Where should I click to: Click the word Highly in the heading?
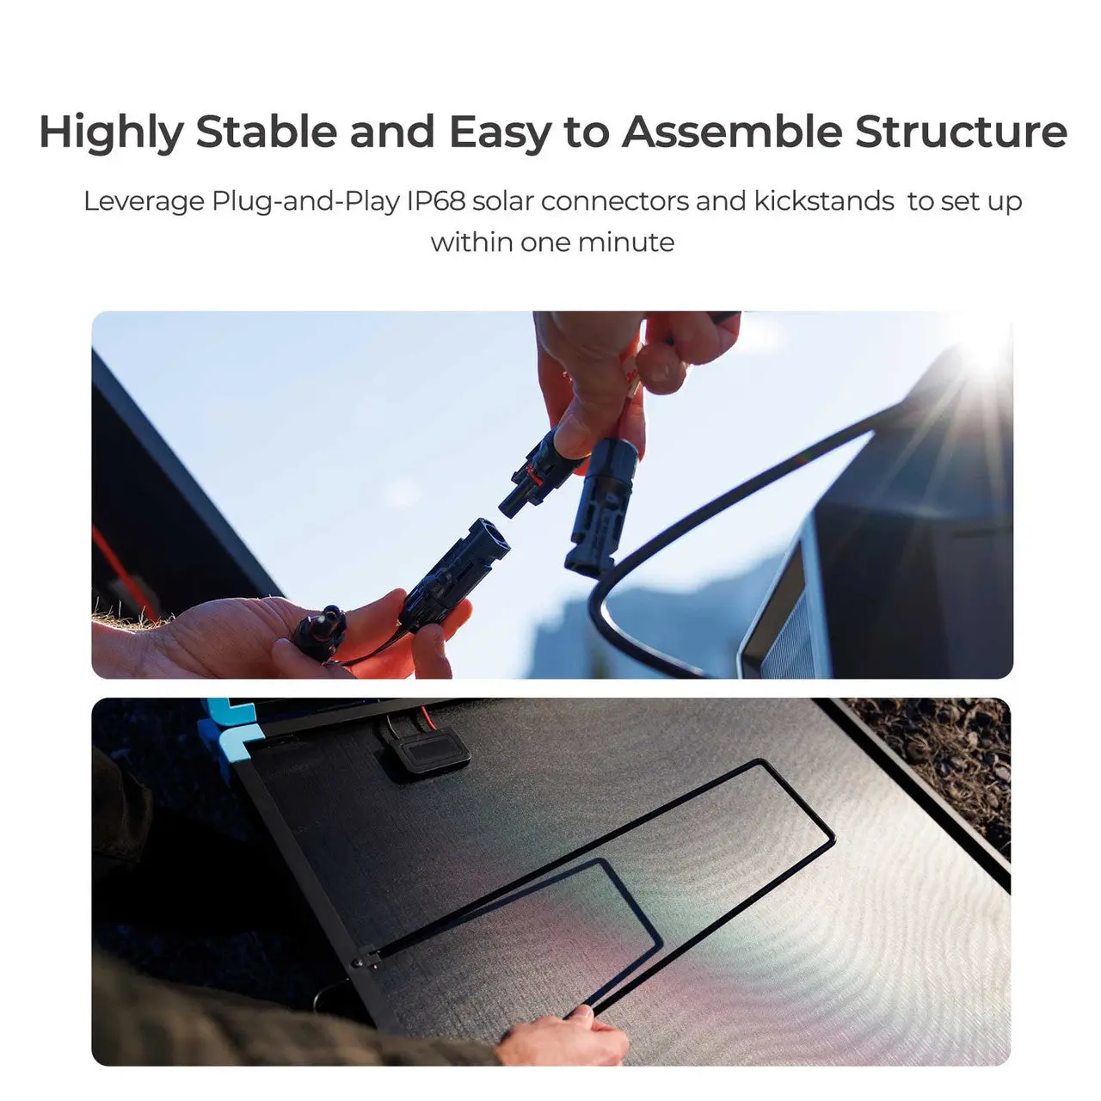coord(111,132)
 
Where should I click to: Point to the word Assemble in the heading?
coord(732,132)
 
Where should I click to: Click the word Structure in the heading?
coord(961,132)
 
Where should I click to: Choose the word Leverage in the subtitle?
coord(144,201)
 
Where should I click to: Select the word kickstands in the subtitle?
coord(824,201)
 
